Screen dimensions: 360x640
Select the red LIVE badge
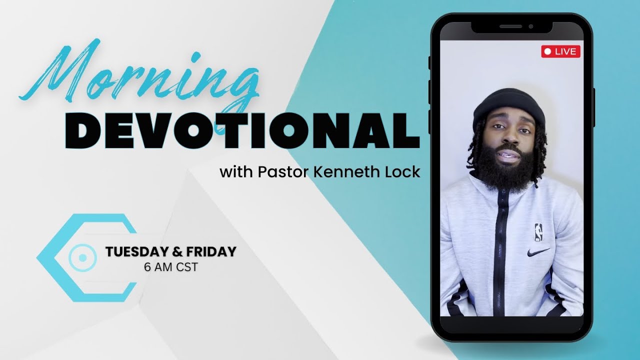click(x=560, y=51)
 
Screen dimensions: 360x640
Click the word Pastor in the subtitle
click(x=280, y=173)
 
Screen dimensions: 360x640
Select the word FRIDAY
click(x=210, y=252)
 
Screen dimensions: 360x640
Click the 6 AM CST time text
click(x=170, y=267)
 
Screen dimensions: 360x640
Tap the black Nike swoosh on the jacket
click(x=538, y=251)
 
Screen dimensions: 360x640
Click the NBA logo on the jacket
click(x=538, y=231)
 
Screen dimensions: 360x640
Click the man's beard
click(x=506, y=170)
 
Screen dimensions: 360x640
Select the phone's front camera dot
click(x=530, y=26)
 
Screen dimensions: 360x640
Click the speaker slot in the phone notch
click(x=510, y=26)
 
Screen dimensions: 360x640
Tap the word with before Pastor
click(x=237, y=173)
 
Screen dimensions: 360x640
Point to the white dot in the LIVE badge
click(x=547, y=51)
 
